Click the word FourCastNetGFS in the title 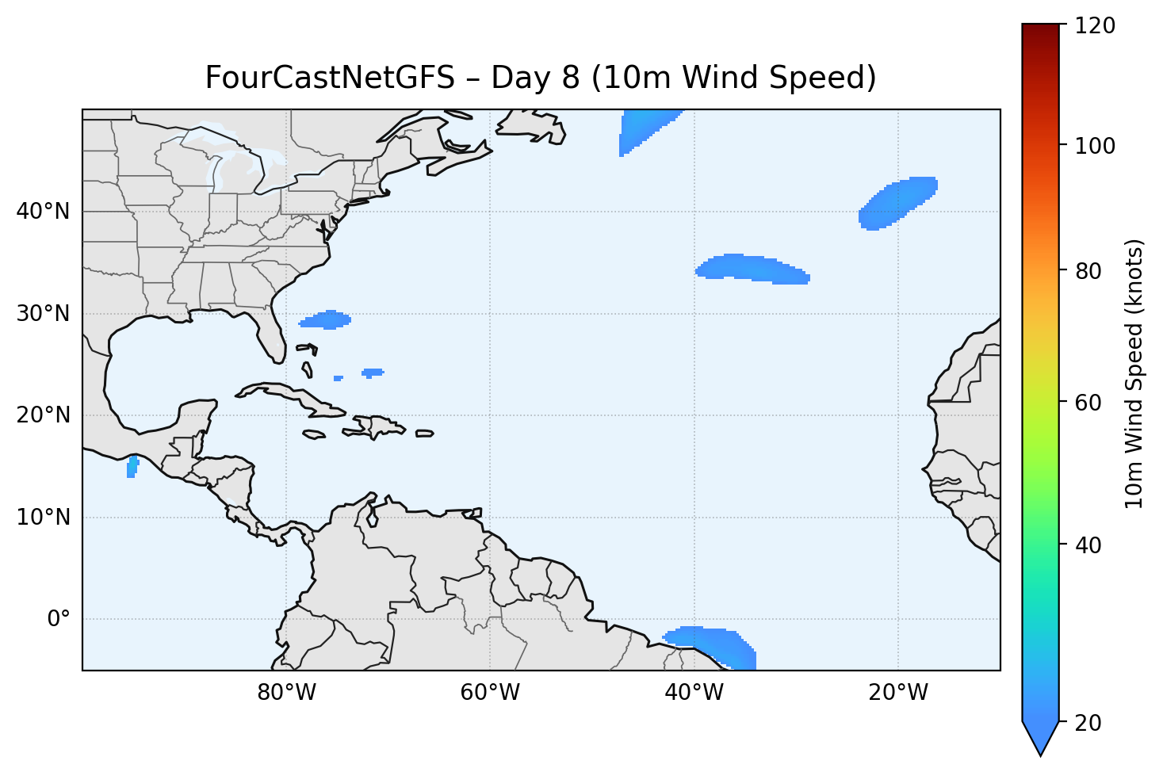(330, 78)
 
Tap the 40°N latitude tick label (43, 212)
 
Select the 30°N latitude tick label (43, 314)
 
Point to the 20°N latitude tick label (43, 415)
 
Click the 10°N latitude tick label (43, 518)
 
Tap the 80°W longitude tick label (286, 693)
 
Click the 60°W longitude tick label (490, 693)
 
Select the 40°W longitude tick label (694, 693)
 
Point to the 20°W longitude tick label (898, 693)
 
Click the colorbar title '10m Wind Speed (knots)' (1134, 373)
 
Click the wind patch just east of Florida (326, 320)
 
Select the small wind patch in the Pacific (132, 467)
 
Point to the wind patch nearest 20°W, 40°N (897, 203)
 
